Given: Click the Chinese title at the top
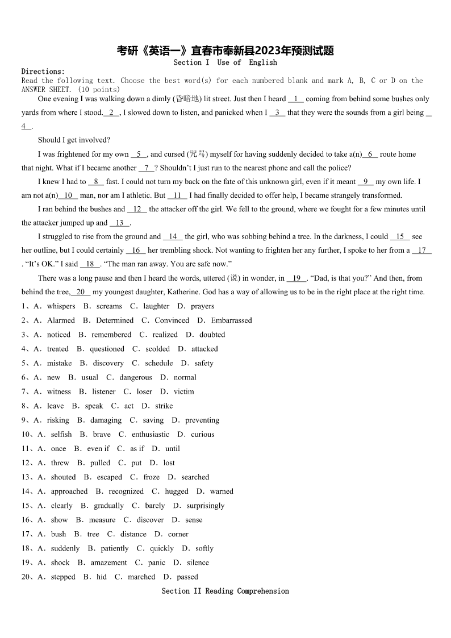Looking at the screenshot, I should [x=225, y=51].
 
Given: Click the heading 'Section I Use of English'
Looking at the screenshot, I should [x=225, y=62].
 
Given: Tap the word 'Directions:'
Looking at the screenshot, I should [x=43, y=72].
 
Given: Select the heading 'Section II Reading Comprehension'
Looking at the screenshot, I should [x=225, y=591].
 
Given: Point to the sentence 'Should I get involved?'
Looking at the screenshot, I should [x=74, y=140].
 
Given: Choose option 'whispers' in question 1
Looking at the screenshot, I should [x=61, y=306].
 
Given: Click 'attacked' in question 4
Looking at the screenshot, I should [x=204, y=349].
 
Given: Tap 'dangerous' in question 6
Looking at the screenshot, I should [x=136, y=377].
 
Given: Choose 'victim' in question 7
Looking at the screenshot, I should [x=184, y=391].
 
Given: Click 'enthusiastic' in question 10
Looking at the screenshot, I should [x=151, y=435].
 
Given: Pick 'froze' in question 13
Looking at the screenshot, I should [x=152, y=477].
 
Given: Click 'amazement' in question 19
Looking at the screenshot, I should [x=109, y=562].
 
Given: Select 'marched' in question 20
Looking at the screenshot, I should [x=141, y=577].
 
